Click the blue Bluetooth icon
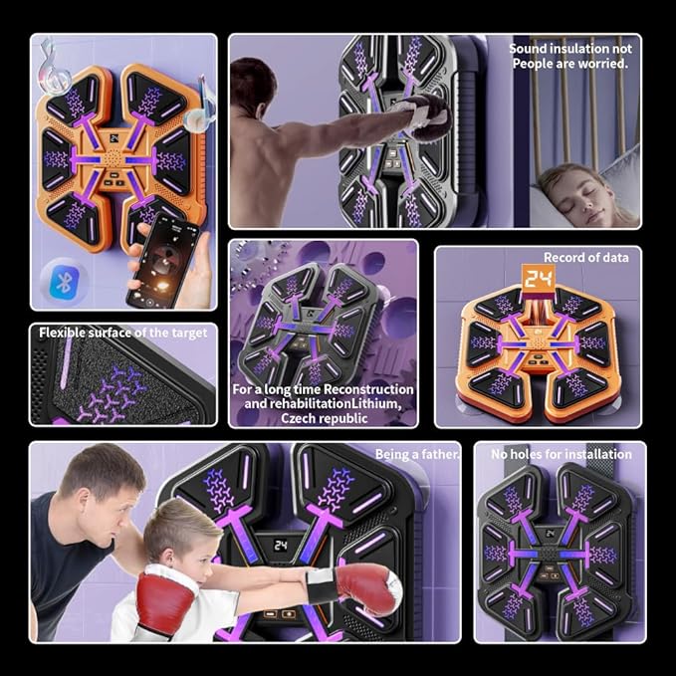click(67, 282)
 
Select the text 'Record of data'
click(585, 257)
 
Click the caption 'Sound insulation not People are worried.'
click(569, 56)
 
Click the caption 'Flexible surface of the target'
click(122, 333)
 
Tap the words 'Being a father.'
click(417, 454)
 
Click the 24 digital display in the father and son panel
click(282, 546)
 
